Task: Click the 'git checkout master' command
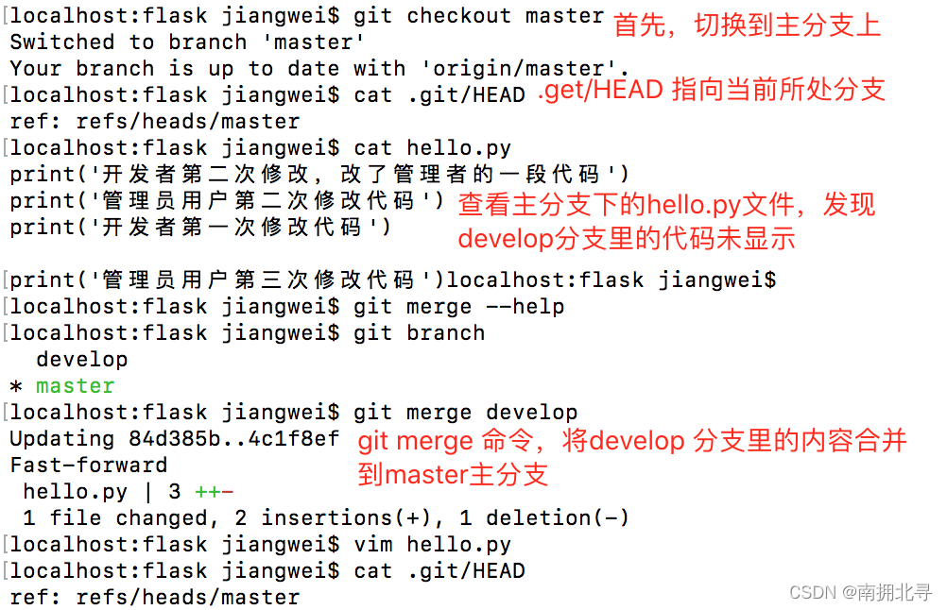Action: point(478,16)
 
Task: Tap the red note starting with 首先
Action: point(747,25)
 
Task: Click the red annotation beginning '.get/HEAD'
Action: point(711,90)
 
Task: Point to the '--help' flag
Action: point(525,307)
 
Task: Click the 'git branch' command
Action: point(419,333)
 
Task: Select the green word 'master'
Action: point(75,386)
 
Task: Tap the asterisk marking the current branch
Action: point(15,387)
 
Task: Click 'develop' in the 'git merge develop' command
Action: point(531,413)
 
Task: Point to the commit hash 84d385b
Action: point(162,439)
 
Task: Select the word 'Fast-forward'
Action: point(88,466)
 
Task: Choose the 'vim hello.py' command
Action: point(432,545)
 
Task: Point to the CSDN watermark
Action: point(860,592)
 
